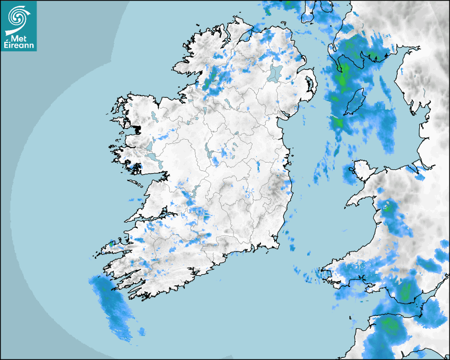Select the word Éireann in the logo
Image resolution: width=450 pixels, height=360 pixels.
20,46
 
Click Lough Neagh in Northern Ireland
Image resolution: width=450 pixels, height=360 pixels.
274,73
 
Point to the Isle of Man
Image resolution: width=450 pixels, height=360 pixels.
354,102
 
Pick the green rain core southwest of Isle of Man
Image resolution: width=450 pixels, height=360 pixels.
338,123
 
